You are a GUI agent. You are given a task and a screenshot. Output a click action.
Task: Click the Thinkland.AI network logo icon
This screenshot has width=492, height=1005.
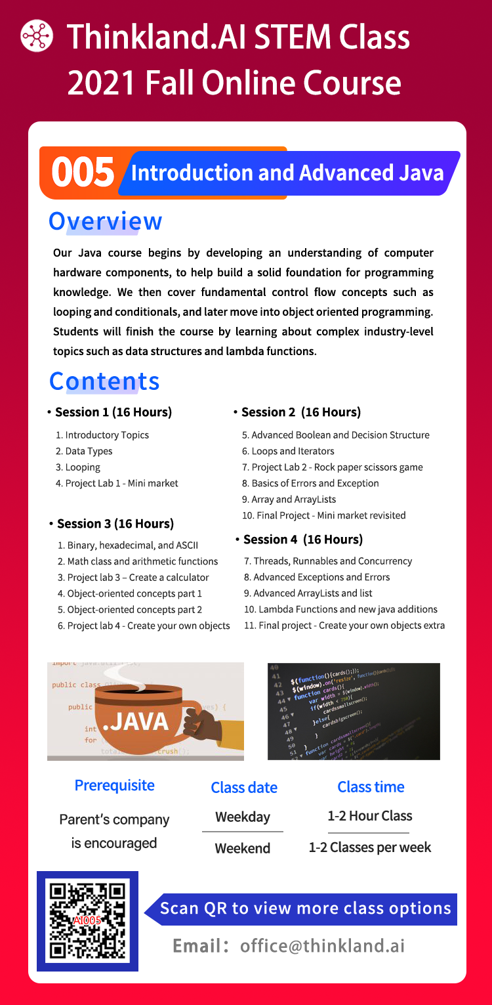pyautogui.click(x=37, y=35)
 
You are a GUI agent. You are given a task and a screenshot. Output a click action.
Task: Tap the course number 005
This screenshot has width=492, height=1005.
pyautogui.click(x=83, y=173)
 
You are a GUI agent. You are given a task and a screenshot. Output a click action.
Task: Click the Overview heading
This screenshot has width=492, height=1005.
pyautogui.click(x=105, y=221)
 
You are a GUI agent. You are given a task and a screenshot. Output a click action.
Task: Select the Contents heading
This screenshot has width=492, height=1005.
pyautogui.click(x=104, y=381)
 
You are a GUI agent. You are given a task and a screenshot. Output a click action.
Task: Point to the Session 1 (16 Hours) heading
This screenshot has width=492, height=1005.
pyautogui.click(x=113, y=412)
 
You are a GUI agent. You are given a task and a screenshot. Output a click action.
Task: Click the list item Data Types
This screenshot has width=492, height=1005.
pyautogui.click(x=89, y=451)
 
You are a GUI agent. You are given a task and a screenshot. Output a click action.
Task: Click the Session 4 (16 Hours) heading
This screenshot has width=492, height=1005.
pyautogui.click(x=302, y=540)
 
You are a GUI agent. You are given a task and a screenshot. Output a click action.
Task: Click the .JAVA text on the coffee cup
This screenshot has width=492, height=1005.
pyautogui.click(x=136, y=721)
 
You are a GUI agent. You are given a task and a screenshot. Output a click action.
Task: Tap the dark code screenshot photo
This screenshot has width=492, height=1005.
pyautogui.click(x=354, y=712)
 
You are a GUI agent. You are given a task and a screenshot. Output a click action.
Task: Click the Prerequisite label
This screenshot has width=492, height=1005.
pyautogui.click(x=114, y=786)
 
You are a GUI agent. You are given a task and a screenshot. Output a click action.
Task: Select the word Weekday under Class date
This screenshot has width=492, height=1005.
pyautogui.click(x=243, y=818)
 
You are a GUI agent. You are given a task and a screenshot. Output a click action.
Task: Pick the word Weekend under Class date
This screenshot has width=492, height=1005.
pyautogui.click(x=243, y=848)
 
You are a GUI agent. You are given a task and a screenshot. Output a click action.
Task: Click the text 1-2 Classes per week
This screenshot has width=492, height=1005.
pyautogui.click(x=370, y=847)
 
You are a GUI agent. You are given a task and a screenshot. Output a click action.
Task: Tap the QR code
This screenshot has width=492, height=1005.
pyautogui.click(x=87, y=921)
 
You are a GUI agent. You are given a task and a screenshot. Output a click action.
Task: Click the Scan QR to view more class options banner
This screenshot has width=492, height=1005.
pyautogui.click(x=305, y=909)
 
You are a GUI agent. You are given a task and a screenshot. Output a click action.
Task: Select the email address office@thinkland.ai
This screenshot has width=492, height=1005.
pyautogui.click(x=322, y=946)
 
